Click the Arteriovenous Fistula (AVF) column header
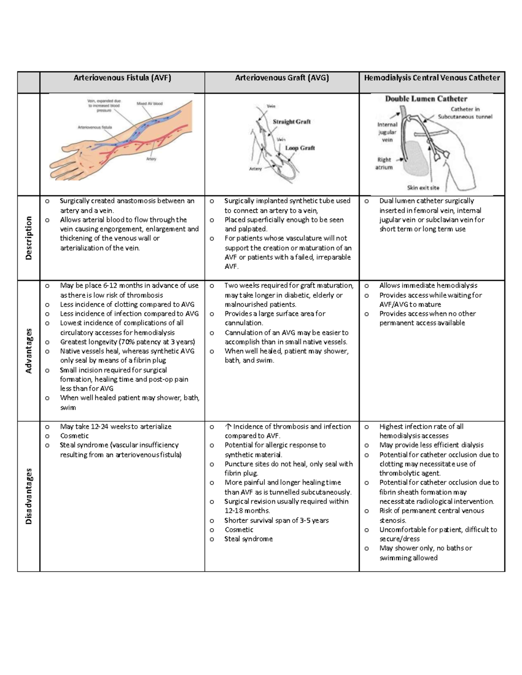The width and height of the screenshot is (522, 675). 122,78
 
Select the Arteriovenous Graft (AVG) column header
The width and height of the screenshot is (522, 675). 282,78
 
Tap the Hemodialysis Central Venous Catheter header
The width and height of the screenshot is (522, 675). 432,78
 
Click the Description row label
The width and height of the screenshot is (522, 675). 29,238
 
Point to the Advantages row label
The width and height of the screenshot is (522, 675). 29,351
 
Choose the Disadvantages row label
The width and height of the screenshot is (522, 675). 29,496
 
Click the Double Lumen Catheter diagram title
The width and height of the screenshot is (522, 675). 426,99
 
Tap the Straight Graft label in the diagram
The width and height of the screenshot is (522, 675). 291,122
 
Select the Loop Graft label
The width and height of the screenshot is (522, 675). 300,148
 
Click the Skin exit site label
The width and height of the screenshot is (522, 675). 423,188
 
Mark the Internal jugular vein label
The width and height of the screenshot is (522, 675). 387,132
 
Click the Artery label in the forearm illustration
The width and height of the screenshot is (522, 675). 151,159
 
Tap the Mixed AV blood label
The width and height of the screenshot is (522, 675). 150,104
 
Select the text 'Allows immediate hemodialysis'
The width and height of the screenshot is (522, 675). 428,286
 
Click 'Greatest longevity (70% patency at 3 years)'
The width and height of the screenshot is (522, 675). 127,342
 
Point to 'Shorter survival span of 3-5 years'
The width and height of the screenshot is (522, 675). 276,520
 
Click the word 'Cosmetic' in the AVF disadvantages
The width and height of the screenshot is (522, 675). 74,436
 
